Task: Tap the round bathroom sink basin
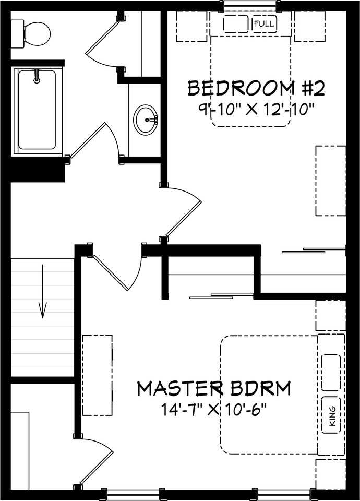pyautogui.click(x=146, y=120)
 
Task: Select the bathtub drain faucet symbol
pyautogui.click(x=37, y=76)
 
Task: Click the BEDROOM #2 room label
pyautogui.click(x=256, y=89)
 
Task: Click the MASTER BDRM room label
pyautogui.click(x=214, y=388)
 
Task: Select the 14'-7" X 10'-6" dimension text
pyautogui.click(x=214, y=410)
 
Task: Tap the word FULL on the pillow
pyautogui.click(x=264, y=23)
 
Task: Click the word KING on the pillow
pyautogui.click(x=332, y=416)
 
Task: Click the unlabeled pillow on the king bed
pyautogui.click(x=331, y=373)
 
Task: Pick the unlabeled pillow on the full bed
pyautogui.click(x=236, y=23)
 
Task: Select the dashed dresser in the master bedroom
pyautogui.click(x=98, y=375)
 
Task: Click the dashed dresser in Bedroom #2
pyautogui.click(x=331, y=181)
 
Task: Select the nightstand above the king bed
pyautogui.click(x=331, y=315)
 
